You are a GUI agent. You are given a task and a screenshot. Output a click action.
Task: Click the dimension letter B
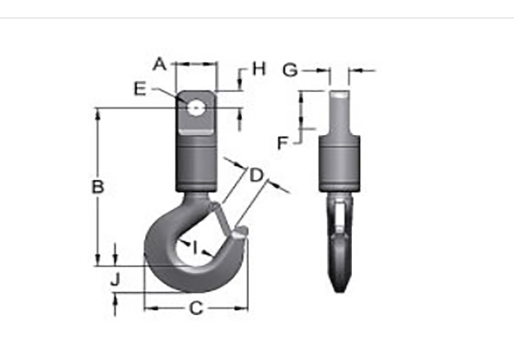[x=98, y=187]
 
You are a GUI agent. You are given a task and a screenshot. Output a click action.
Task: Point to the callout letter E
[x=140, y=89]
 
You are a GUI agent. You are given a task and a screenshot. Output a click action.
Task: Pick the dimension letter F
[x=283, y=142]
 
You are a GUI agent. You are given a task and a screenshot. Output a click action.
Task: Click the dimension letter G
[x=290, y=69]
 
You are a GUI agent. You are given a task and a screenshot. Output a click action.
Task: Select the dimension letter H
[x=259, y=68]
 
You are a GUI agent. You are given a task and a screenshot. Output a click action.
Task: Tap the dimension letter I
[x=195, y=247]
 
